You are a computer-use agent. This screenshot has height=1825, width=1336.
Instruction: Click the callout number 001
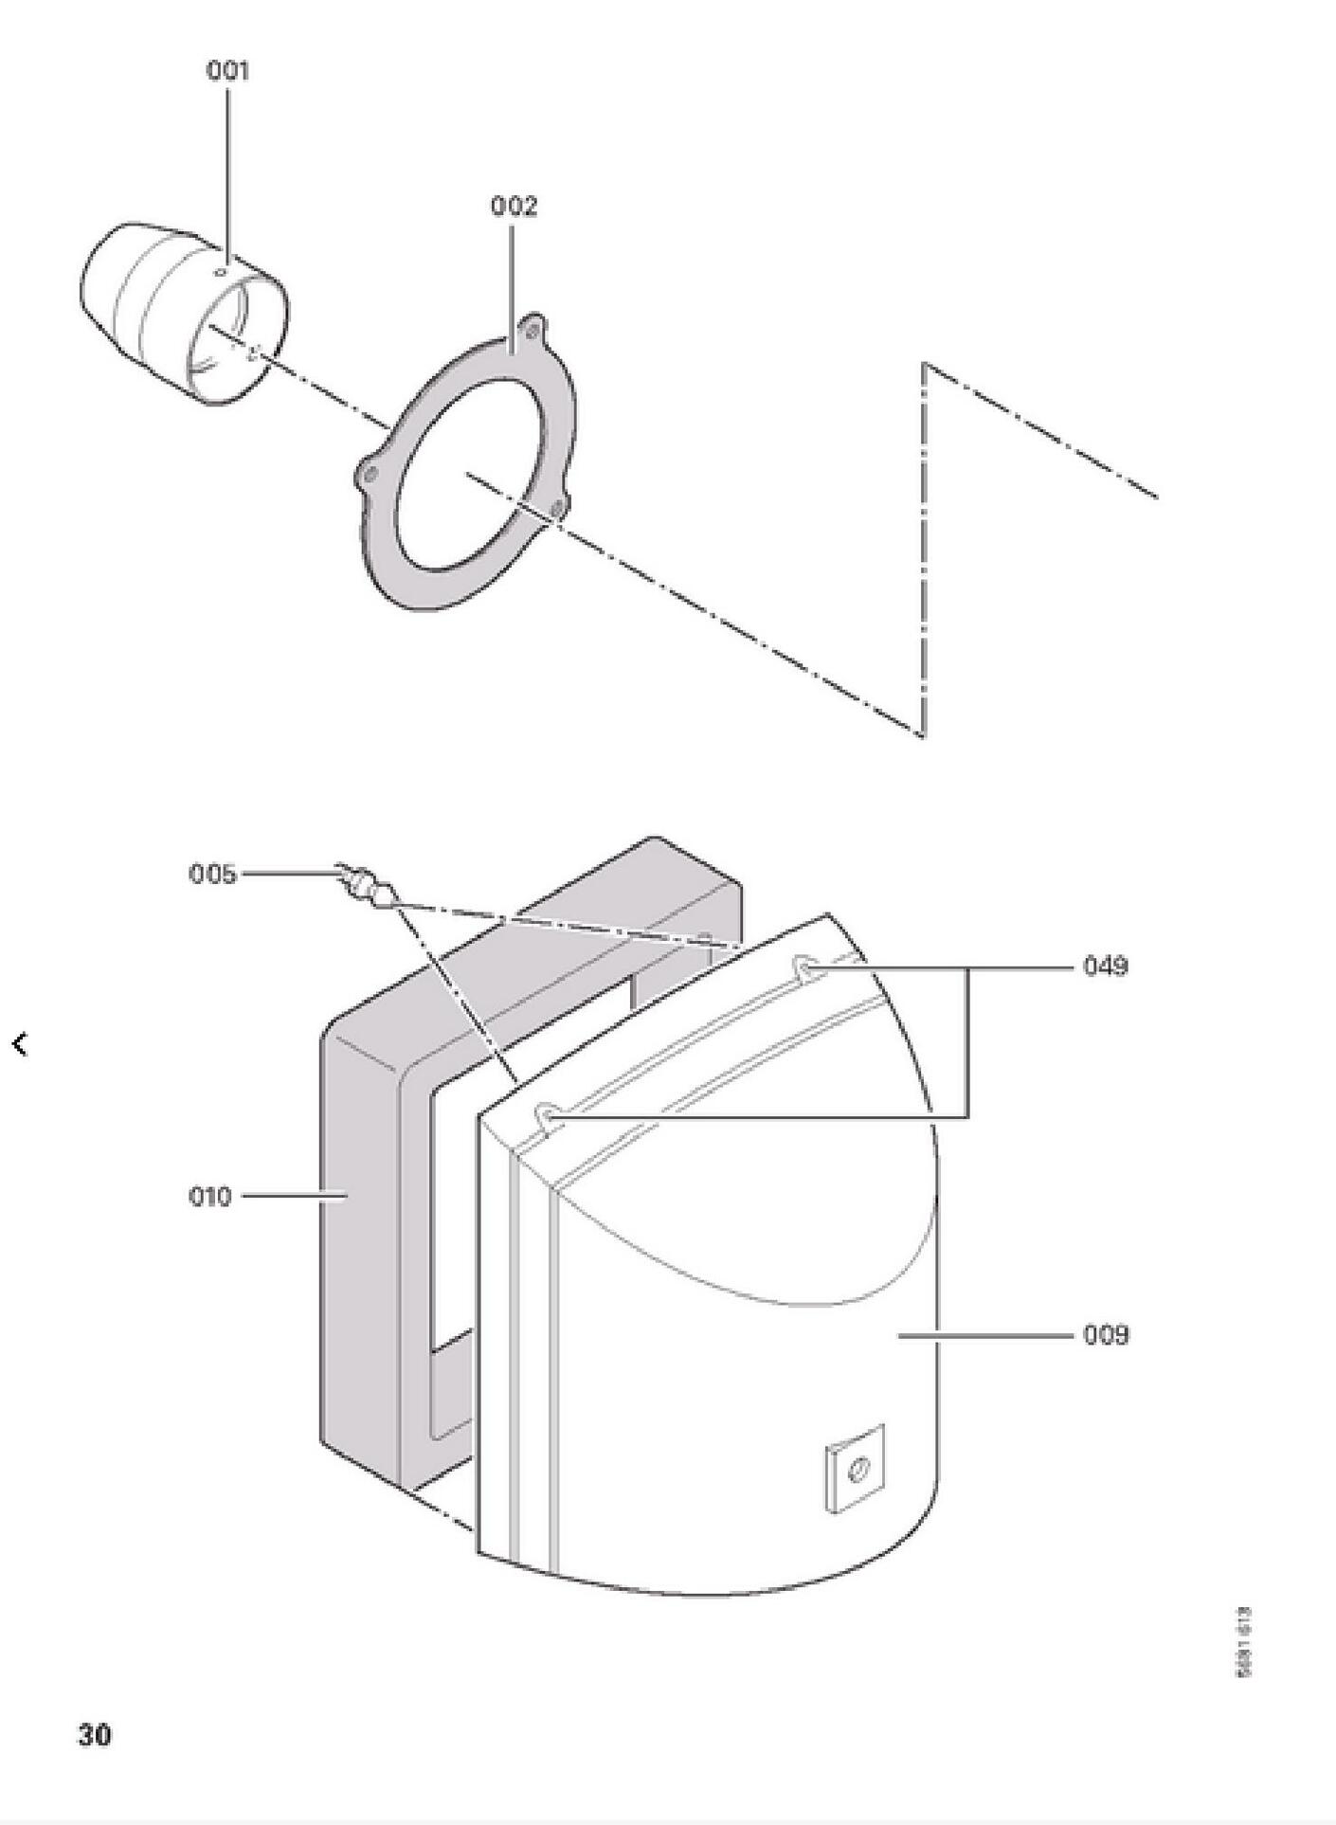click(x=227, y=71)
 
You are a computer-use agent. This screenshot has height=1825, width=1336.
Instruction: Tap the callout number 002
click(x=514, y=207)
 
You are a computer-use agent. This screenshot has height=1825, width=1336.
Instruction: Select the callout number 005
click(x=212, y=874)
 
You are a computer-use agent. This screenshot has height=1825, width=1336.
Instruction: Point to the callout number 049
click(x=1106, y=967)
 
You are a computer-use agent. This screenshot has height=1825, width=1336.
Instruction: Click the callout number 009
click(x=1106, y=1335)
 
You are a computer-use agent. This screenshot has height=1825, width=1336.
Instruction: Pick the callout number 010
click(x=210, y=1197)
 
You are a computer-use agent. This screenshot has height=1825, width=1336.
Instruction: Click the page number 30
click(x=94, y=1734)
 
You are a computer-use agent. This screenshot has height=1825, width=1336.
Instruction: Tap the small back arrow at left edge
click(x=20, y=1044)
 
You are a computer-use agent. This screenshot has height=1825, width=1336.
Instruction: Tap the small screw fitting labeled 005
click(x=364, y=885)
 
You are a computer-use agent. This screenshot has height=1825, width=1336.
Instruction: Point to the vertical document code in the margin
click(x=1244, y=1642)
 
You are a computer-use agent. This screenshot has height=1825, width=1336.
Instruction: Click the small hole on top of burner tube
click(x=221, y=272)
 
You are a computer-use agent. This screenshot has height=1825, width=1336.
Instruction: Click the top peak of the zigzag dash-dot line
click(x=925, y=364)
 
